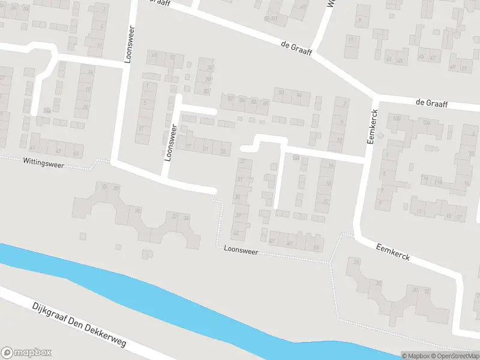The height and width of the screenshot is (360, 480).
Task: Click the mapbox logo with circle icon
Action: (x=26, y=353)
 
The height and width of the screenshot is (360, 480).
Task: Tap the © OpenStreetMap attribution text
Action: (x=454, y=356)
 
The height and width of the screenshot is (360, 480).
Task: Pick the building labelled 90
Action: (x=280, y=92)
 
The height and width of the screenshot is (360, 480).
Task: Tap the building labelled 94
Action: (x=299, y=94)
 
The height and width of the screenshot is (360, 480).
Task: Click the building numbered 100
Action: (x=397, y=118)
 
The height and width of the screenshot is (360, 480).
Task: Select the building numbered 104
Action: (x=426, y=123)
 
